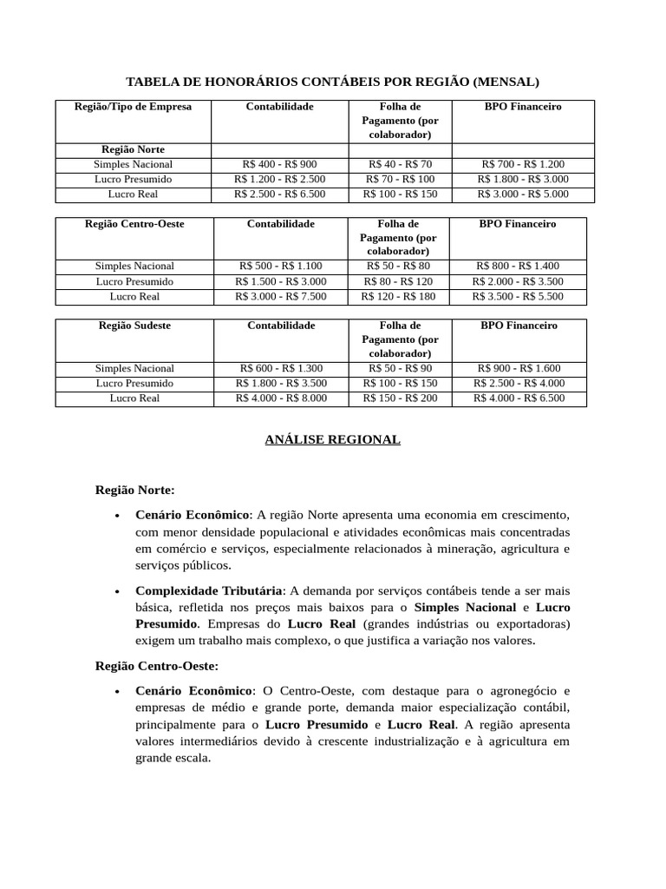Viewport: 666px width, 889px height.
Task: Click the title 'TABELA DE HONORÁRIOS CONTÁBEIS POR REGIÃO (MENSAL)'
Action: [332, 82]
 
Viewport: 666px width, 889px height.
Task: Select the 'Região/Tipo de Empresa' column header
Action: [134, 107]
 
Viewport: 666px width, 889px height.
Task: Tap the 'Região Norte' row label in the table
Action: [134, 149]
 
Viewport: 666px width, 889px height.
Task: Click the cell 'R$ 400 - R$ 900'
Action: [280, 164]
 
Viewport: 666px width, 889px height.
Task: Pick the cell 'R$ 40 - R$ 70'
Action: [400, 164]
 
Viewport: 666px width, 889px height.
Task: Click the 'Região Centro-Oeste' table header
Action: [134, 224]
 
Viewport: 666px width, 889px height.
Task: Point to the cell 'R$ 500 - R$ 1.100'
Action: [280, 267]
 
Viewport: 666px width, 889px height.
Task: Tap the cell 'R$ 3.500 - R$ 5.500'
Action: [518, 296]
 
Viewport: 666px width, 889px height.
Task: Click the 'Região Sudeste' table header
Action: [134, 326]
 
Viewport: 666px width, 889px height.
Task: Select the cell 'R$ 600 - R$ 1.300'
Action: [280, 368]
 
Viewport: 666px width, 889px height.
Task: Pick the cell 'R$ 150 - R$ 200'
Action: [400, 398]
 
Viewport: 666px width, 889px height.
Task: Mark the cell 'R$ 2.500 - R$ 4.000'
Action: [519, 383]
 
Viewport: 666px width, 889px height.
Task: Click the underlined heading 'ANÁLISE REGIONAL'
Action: [332, 440]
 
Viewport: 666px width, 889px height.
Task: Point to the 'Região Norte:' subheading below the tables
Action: [134, 490]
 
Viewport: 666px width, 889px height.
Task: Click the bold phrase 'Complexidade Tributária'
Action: [209, 590]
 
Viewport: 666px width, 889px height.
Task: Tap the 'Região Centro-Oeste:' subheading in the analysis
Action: [156, 666]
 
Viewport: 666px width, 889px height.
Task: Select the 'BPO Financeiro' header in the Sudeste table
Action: [519, 326]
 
